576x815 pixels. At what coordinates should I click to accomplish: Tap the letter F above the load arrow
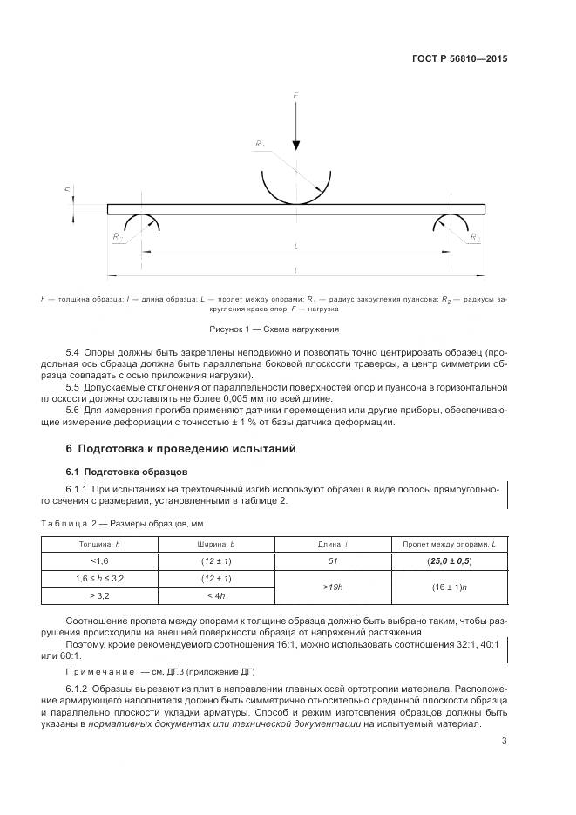tap(295, 94)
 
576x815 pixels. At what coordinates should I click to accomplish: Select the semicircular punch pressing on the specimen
tap(296, 187)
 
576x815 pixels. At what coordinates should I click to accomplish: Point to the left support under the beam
tap(141, 224)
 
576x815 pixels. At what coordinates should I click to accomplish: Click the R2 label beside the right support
tap(474, 237)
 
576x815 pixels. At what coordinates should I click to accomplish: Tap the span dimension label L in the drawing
tap(295, 248)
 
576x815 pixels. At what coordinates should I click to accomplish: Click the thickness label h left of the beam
tap(67, 188)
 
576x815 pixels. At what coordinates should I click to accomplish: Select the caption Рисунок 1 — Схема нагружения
tap(274, 329)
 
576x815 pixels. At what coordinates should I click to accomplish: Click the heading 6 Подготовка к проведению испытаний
tap(180, 449)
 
